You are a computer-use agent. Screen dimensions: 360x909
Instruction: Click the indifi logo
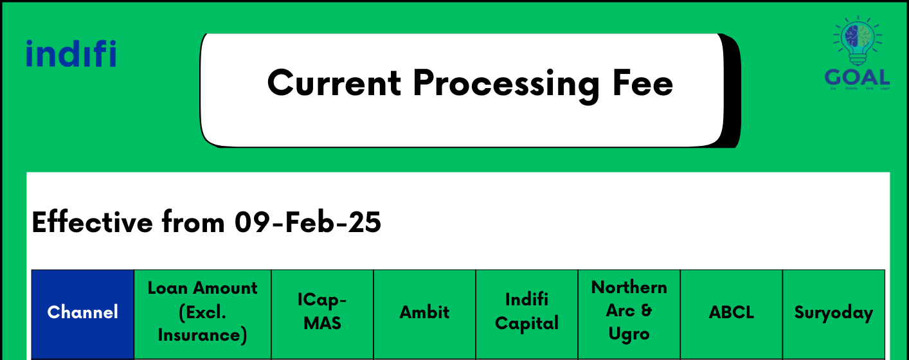tap(71, 53)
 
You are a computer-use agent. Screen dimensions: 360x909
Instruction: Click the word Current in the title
tap(333, 83)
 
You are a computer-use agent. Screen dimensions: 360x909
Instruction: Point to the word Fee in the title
tap(643, 83)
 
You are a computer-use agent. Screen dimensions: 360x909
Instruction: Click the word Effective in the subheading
tap(92, 222)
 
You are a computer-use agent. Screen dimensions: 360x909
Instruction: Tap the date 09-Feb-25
tap(307, 222)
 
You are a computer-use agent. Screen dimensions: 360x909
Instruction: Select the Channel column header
tap(83, 312)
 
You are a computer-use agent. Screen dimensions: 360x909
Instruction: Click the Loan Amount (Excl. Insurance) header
tap(203, 312)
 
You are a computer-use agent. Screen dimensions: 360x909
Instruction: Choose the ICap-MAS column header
tap(322, 312)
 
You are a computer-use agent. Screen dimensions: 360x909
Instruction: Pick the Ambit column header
tap(424, 312)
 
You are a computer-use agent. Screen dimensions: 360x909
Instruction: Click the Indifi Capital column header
tap(526, 312)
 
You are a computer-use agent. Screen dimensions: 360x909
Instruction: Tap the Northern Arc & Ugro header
tap(629, 310)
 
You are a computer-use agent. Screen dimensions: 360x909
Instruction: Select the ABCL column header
tap(731, 312)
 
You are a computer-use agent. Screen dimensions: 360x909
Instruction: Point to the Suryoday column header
tap(833, 312)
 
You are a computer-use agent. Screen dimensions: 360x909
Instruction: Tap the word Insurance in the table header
tap(203, 335)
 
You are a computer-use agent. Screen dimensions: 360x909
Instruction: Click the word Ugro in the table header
tap(629, 334)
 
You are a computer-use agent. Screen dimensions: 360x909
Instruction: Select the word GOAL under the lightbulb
tap(858, 77)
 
